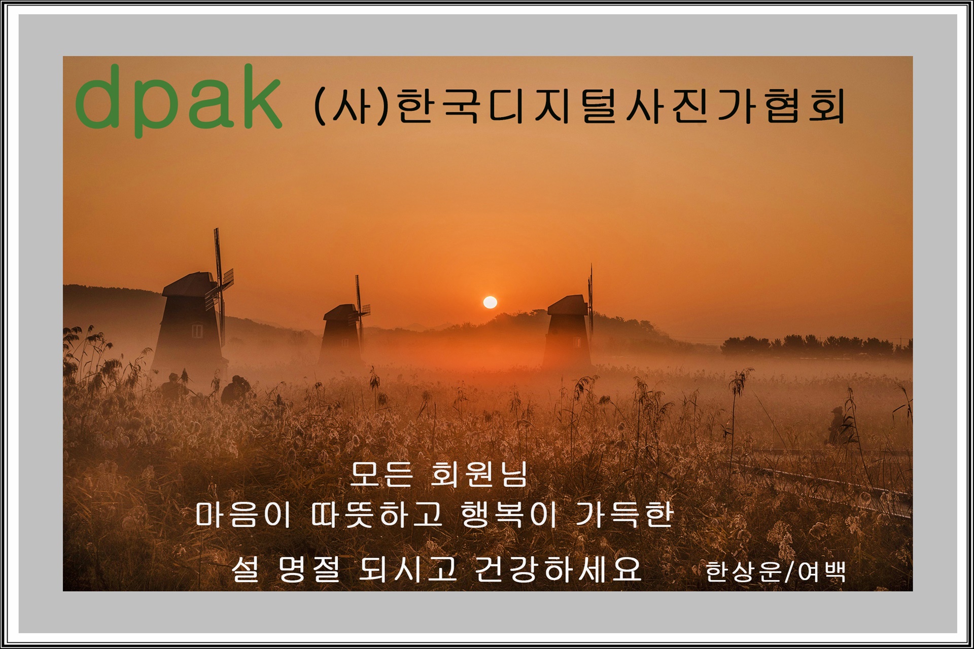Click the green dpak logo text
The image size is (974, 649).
pos(178,101)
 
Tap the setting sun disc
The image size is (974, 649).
pos(490,303)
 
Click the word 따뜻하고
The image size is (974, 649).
pos(377,514)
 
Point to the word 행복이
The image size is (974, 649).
pos(509,514)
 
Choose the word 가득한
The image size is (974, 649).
pos(624,514)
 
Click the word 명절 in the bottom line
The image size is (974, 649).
pos(309,569)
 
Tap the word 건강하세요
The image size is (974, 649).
pos(558,569)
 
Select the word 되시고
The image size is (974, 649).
pos(407,569)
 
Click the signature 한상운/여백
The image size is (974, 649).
pos(775,571)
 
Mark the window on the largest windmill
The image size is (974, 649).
pos(197,332)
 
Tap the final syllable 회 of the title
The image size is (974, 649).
pos(826,106)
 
